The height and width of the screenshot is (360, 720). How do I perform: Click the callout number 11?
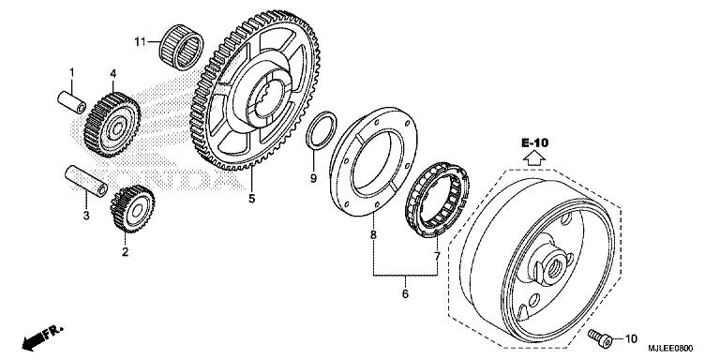[x=140, y=42]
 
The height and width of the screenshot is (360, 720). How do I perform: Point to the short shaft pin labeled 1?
[x=73, y=98]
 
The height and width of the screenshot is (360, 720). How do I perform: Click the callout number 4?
[x=112, y=72]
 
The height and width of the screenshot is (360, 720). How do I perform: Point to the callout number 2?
[x=125, y=251]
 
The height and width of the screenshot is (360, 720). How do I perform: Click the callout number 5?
[x=251, y=198]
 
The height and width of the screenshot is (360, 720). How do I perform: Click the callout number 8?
[x=373, y=235]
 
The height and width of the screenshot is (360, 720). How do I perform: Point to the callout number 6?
[x=406, y=292]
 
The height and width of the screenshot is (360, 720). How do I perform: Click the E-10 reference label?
[x=534, y=142]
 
